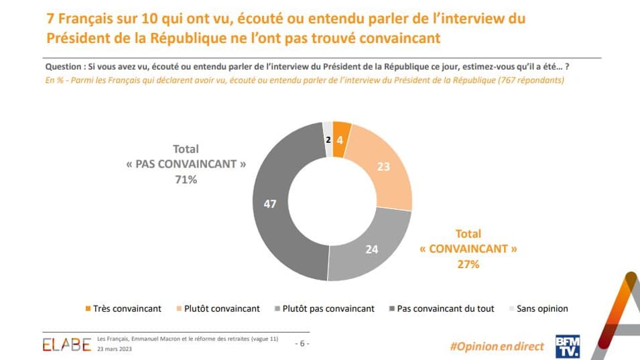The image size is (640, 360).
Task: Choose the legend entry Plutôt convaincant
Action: tap(221, 308)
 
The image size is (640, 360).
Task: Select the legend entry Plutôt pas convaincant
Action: tap(324, 308)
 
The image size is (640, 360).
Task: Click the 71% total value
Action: tap(186, 180)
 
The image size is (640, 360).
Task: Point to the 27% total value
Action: tap(468, 264)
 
